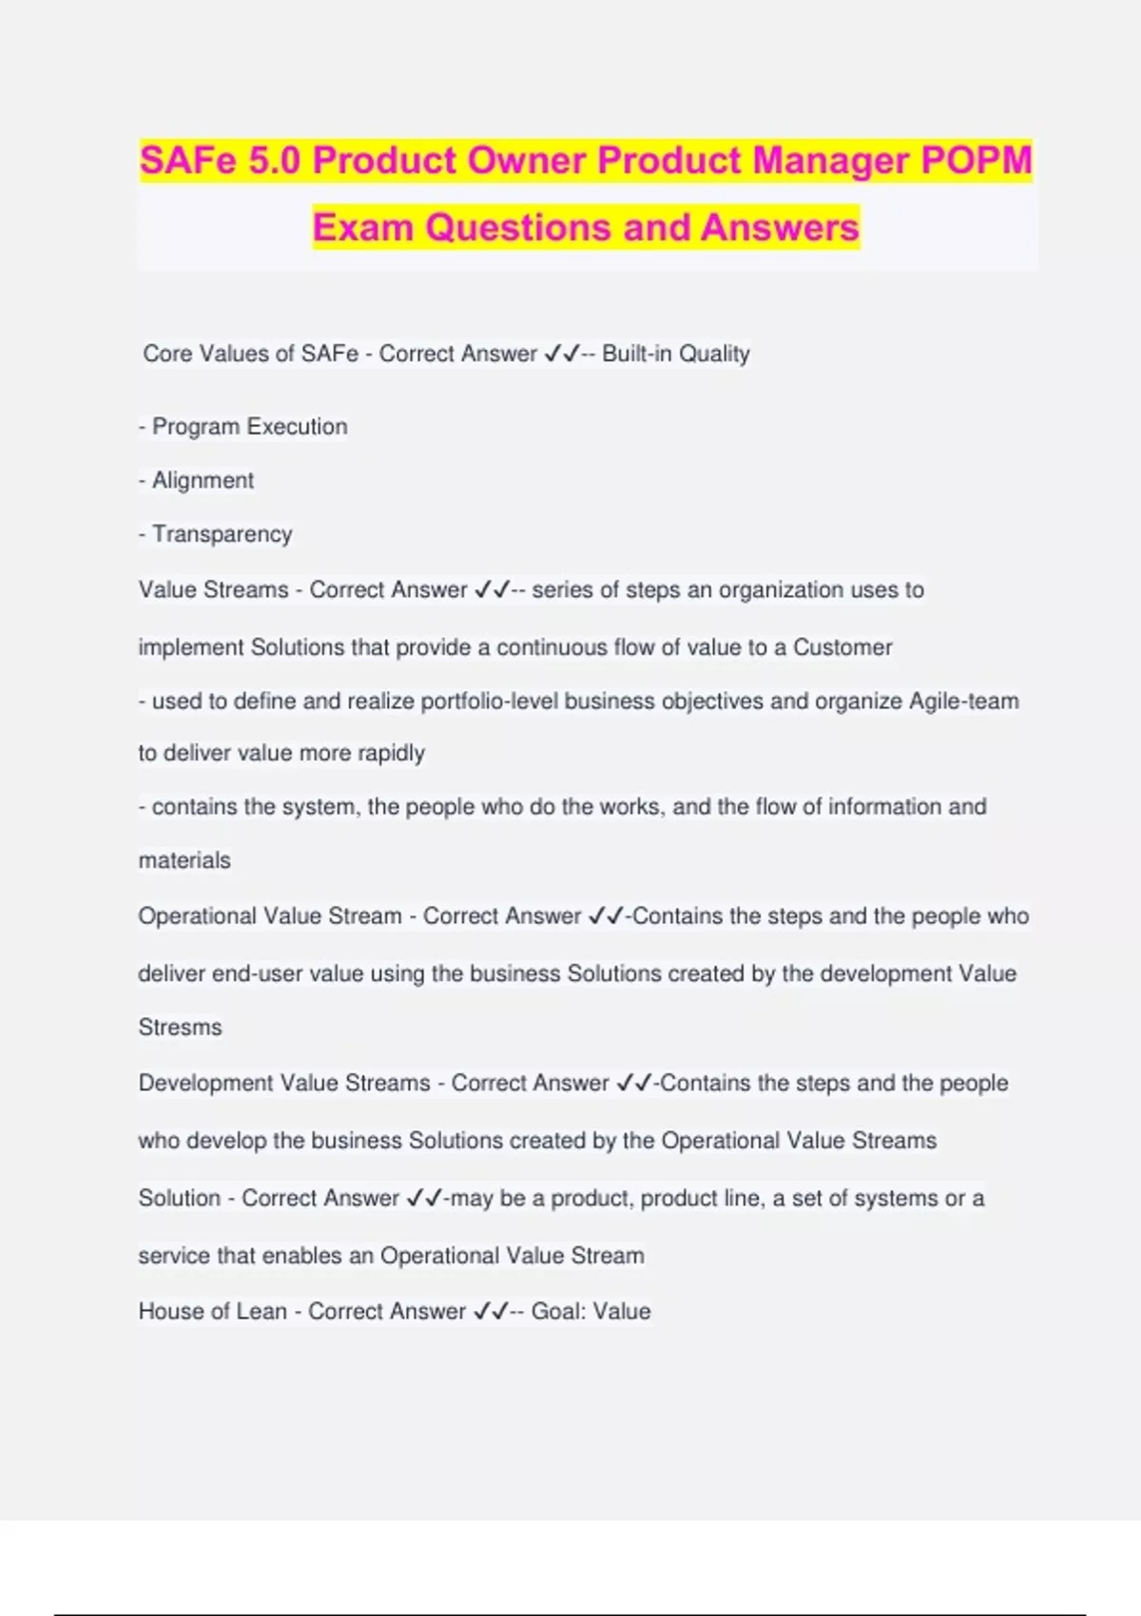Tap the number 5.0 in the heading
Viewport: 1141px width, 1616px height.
coord(274,161)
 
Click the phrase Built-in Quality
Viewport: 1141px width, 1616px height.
coord(676,354)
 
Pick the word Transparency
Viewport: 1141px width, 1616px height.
coord(222,534)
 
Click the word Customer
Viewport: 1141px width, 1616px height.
coord(842,647)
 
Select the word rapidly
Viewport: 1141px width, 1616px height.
coord(391,753)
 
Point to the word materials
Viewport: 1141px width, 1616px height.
coord(184,860)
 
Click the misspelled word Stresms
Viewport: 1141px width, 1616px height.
coord(180,1028)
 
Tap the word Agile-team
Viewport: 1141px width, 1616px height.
coord(963,702)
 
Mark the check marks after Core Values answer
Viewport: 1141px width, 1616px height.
coord(562,354)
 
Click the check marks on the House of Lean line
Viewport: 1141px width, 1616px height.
coord(492,1312)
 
